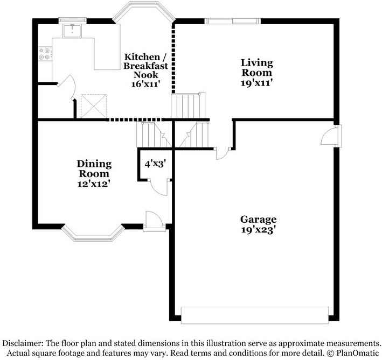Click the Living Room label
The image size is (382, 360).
tap(257, 68)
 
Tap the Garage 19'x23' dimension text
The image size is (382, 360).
tap(258, 230)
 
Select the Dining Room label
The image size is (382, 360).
tap(94, 168)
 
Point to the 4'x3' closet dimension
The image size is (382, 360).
tap(155, 164)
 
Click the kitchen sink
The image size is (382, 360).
tap(72, 31)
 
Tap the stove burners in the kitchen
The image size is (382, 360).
tap(45, 54)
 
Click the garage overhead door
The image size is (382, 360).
tap(255, 315)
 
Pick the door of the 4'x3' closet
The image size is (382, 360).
tap(159, 187)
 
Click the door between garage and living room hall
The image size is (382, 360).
tap(221, 153)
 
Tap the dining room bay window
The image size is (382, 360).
tap(93, 233)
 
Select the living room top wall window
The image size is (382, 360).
tap(232, 21)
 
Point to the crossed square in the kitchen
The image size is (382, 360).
tap(94, 107)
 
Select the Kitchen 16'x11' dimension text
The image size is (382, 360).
tap(145, 84)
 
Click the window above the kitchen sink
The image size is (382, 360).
tap(73, 20)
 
